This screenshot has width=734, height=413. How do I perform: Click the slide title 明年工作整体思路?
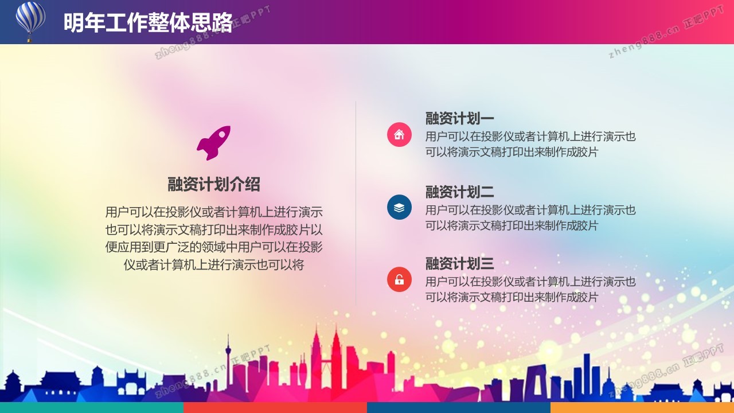148,23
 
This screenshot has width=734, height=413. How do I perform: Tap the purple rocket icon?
214,143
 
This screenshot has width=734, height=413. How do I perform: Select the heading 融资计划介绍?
214,184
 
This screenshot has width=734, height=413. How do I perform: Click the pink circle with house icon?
399,134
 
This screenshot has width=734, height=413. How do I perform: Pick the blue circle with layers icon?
399,207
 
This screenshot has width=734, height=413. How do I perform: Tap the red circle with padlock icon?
399,279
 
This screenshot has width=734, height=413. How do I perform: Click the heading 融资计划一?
460,118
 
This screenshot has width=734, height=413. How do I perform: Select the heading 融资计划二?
460,192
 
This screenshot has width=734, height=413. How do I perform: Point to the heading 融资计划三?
460,263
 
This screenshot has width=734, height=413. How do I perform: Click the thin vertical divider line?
356,203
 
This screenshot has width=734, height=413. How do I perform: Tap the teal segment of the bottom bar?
92,407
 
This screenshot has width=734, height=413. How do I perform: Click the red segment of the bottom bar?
275,407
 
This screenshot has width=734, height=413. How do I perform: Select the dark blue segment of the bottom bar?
459,407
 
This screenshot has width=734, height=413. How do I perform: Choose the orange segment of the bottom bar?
642,407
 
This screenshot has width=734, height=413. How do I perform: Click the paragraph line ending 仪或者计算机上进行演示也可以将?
214,264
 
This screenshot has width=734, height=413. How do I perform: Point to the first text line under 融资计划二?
530,210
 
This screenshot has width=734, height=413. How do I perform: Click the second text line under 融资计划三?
512,297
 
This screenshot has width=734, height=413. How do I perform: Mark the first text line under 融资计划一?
530,137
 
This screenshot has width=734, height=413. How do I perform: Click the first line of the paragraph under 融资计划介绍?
214,212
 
